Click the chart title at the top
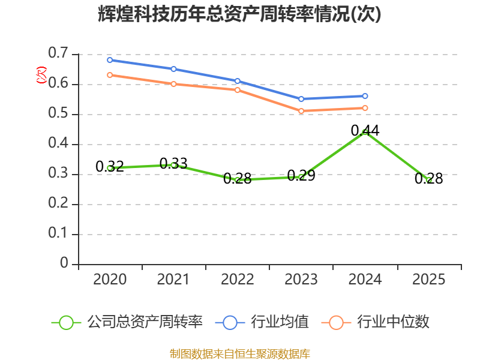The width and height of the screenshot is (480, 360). (239, 14)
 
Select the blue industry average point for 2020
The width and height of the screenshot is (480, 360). (110, 60)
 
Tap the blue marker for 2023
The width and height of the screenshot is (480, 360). (301, 99)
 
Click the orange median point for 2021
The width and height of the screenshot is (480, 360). (173, 84)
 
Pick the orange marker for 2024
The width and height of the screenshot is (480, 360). (365, 108)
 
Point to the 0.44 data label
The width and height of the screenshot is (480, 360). (365, 131)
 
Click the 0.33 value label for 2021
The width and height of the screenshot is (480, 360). (173, 163)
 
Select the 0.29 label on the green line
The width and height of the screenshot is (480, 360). (301, 175)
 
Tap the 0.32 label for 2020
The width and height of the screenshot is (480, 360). (110, 167)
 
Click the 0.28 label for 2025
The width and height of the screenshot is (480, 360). (428, 178)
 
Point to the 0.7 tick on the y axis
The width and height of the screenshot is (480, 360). (58, 53)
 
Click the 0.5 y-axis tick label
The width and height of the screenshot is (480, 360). (58, 113)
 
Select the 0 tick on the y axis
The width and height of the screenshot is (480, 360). (64, 263)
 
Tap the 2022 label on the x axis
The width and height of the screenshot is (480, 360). (238, 279)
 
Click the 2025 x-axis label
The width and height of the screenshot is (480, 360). (428, 279)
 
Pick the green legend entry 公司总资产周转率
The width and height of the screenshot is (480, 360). (127, 322)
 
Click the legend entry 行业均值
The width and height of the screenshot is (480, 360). (262, 322)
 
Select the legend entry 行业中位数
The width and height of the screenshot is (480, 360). (376, 322)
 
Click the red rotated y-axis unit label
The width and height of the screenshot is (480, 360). (41, 75)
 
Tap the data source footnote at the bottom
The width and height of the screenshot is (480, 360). (240, 354)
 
